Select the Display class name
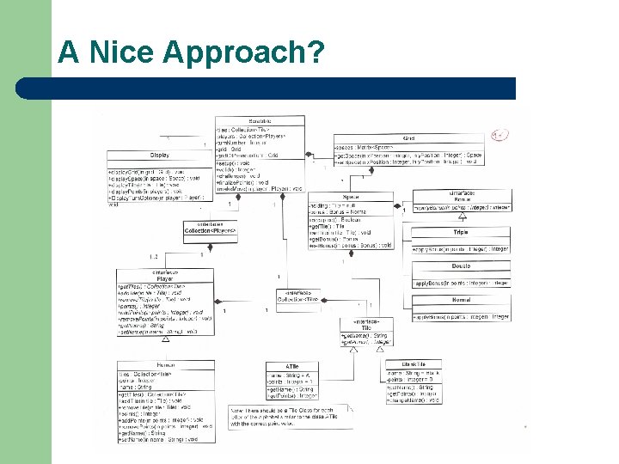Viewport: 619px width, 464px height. tap(159, 155)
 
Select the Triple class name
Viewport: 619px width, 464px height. tap(461, 232)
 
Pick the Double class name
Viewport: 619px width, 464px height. tap(461, 266)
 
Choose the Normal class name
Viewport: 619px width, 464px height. tap(461, 299)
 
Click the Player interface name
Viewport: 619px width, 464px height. tap(163, 277)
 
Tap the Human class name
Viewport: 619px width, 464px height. tap(166, 364)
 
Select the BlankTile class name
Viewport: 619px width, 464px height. tap(408, 364)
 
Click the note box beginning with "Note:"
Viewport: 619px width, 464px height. tap(291, 417)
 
